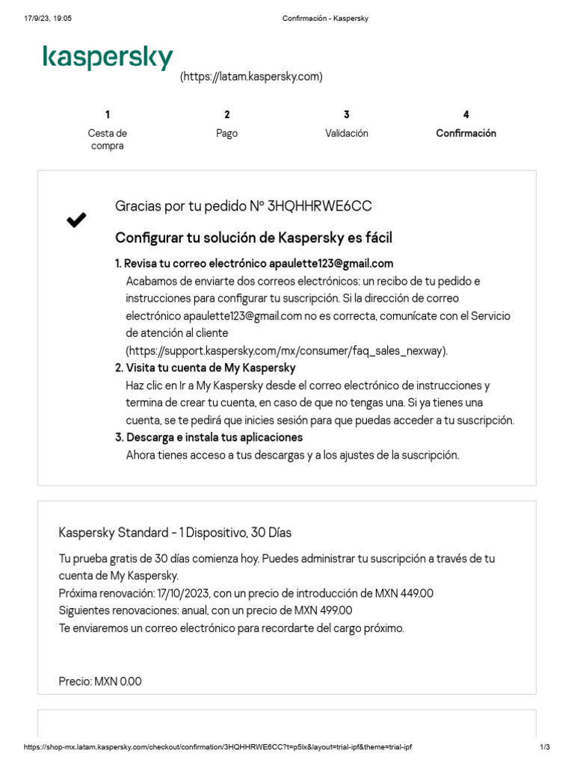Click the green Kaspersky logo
(108, 58)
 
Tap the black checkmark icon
(76, 220)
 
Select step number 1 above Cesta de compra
(108, 114)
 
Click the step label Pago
(226, 133)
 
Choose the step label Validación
(347, 133)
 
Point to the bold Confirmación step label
(466, 133)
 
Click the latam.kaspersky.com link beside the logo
(251, 76)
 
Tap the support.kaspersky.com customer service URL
(286, 350)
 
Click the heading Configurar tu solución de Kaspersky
(253, 238)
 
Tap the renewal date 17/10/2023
(184, 593)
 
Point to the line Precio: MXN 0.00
(100, 681)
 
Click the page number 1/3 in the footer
(545, 747)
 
